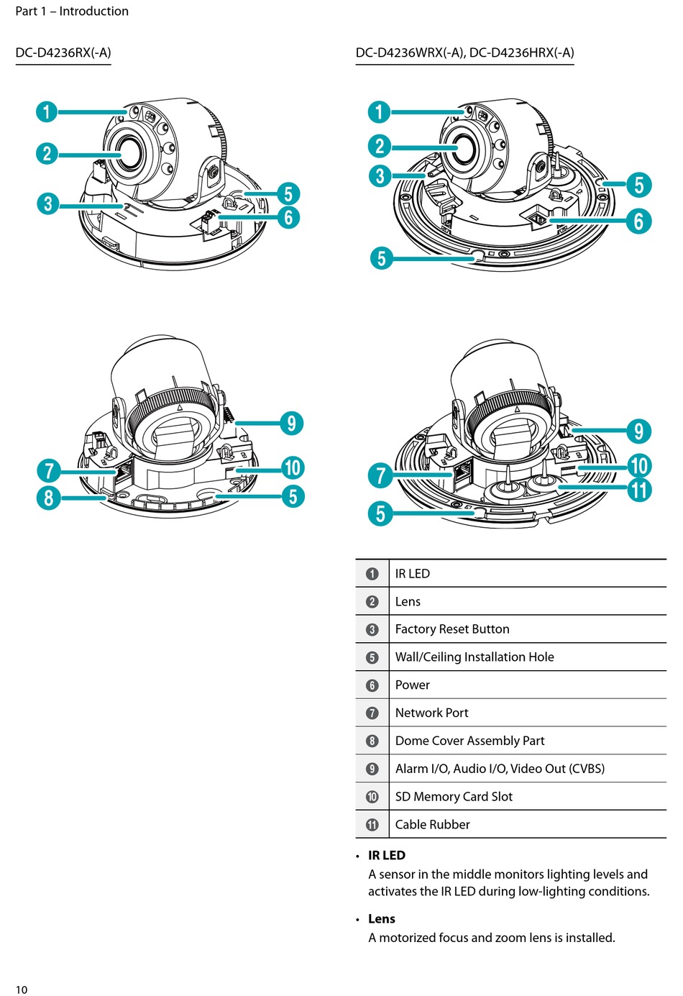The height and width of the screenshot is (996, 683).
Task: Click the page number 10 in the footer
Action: point(22,990)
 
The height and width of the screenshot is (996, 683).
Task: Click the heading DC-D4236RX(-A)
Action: point(63,52)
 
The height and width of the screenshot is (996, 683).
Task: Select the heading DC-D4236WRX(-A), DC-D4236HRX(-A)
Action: point(464,52)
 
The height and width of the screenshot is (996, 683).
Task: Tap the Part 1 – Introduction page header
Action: point(72,11)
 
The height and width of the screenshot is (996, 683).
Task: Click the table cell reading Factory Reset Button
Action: point(452,629)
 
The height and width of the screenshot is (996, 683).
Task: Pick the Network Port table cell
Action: point(431,713)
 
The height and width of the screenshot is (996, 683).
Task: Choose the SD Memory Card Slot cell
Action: point(454,797)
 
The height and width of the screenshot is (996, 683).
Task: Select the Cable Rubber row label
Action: point(432,825)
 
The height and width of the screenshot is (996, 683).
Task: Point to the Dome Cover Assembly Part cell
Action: point(469,741)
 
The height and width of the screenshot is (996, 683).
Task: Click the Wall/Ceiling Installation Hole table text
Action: point(475,657)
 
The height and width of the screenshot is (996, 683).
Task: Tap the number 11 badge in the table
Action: point(372,825)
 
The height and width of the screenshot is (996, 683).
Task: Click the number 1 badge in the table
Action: point(372,574)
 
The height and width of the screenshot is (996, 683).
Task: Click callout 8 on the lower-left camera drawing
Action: point(48,498)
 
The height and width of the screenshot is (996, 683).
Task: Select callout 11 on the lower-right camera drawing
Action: point(639,490)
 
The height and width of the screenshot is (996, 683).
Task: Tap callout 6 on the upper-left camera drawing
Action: point(288,217)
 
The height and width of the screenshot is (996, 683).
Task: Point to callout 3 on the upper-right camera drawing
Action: point(380,175)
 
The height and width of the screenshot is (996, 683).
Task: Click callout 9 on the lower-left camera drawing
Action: point(291,423)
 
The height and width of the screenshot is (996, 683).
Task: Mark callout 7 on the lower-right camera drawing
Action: point(381,475)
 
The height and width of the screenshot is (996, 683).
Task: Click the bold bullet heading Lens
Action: point(382,919)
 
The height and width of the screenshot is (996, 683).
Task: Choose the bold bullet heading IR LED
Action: point(387,855)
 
